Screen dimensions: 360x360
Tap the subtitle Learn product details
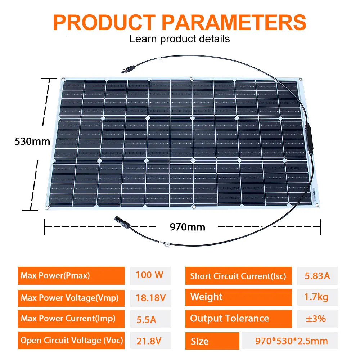click(180, 39)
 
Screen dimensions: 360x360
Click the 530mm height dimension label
click(32, 141)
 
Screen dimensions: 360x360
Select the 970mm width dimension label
click(187, 227)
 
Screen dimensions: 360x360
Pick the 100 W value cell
click(150, 275)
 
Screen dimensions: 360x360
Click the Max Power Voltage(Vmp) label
click(71, 298)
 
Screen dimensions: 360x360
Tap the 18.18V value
click(150, 298)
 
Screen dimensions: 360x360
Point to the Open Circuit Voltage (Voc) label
click(71, 340)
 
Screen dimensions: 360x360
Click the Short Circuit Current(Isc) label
click(238, 276)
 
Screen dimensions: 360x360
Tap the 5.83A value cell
click(317, 276)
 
